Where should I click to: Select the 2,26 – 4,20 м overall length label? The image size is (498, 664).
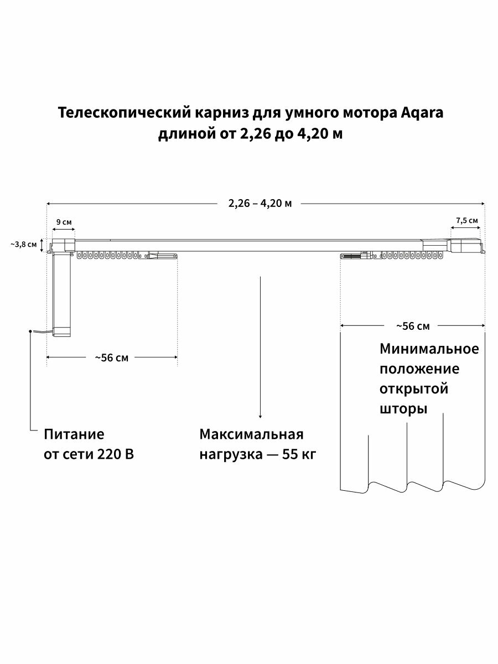tap(260, 203)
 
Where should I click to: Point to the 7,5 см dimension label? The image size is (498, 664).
tap(467, 220)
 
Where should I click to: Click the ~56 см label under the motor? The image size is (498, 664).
tap(111, 358)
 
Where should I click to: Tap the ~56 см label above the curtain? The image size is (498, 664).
tap(413, 326)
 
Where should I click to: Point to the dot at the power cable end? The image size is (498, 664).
tap(29, 331)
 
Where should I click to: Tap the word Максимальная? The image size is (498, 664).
tap(252, 434)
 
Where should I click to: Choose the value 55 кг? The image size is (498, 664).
tap(299, 454)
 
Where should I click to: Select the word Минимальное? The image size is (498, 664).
tap(429, 349)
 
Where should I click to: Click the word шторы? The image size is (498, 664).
tap(403, 409)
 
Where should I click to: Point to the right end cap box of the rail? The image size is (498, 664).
tap(468, 245)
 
